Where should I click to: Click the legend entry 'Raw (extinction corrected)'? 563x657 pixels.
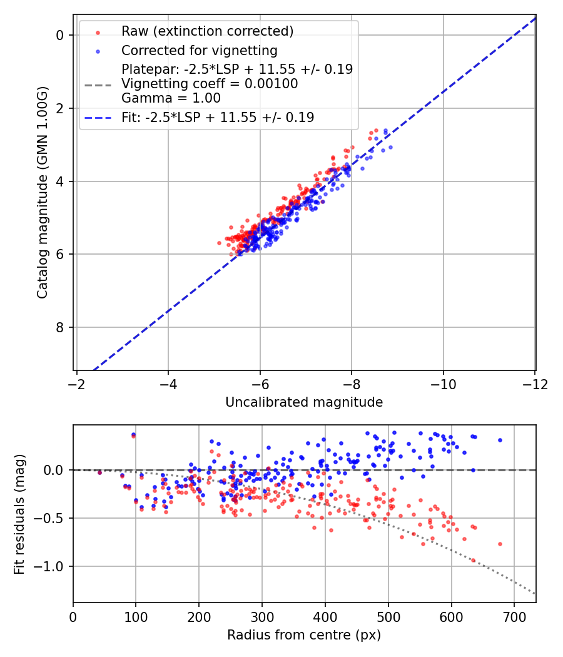207,31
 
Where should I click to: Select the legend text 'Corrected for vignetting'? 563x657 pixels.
200,50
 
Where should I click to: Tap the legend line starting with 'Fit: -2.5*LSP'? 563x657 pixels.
218,118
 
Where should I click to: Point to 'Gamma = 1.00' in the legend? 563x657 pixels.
171,98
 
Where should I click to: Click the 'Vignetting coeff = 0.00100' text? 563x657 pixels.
210,83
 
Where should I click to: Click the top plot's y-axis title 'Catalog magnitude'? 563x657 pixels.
43,193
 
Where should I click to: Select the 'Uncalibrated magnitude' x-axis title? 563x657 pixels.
304,402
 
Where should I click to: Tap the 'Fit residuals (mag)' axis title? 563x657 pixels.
19,514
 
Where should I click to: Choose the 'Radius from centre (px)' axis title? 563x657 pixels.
304,635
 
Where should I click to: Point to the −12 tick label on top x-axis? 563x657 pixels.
535,384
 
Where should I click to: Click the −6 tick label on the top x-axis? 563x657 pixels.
260,384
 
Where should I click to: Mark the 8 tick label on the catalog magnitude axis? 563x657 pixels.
59,327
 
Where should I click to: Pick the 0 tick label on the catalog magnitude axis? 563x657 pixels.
59,35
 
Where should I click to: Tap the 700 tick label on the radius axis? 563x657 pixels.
514,617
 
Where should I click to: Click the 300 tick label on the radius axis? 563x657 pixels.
262,617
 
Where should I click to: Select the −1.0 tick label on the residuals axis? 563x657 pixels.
48,566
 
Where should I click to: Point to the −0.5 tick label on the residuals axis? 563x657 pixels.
48,518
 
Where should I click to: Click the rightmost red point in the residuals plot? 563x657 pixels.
500,544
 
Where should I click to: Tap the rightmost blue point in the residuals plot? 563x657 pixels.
500,441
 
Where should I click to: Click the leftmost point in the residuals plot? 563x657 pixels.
99,472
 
